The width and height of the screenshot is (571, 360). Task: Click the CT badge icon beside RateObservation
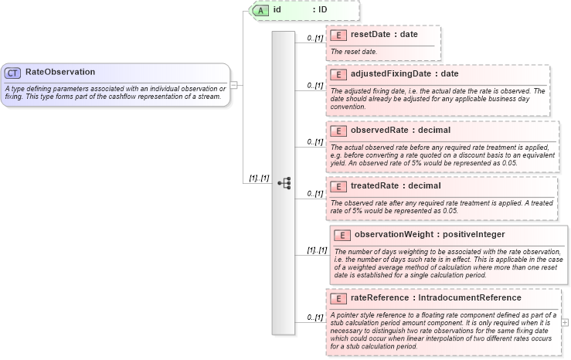13,72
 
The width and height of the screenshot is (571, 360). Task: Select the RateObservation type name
60,72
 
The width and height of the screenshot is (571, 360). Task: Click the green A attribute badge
261,10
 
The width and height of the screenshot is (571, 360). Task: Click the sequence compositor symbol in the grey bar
284,183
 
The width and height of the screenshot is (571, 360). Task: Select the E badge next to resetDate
338,35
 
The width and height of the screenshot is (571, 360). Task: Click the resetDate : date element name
384,35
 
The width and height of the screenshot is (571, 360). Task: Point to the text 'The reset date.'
355,51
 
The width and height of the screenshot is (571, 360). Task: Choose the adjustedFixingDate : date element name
404,74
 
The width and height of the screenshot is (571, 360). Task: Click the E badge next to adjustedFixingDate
338,74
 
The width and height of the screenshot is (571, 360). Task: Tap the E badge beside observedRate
338,130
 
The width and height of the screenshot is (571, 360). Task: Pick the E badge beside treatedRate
338,186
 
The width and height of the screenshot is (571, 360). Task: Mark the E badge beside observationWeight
342,234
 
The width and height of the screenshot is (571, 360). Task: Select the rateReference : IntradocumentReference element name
436,297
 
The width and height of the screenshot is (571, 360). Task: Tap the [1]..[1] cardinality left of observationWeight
317,250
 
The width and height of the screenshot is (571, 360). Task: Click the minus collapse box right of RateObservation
234,85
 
